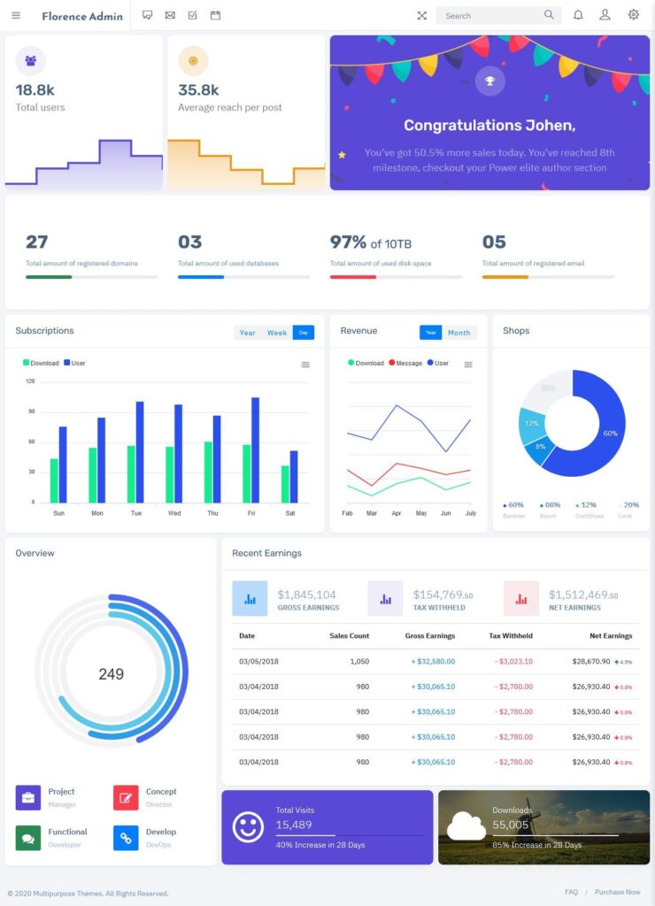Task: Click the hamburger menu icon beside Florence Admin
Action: pos(16,16)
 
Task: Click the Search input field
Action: pos(491,16)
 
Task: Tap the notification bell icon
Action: pos(578,15)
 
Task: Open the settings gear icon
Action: pos(634,15)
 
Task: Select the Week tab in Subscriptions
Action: pos(277,333)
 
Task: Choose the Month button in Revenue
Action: pos(459,333)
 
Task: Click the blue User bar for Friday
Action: pos(256,449)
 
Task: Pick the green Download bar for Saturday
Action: pos(285,484)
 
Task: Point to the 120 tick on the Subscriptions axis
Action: pos(30,381)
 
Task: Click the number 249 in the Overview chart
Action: pos(111,674)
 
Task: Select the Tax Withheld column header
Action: pos(511,636)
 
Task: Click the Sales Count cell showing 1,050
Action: pos(359,661)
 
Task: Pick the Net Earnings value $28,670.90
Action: pos(590,661)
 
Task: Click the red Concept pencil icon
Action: pos(126,798)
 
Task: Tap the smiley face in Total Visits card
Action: pos(248,826)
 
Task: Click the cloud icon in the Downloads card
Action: pos(466,826)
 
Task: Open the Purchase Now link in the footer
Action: pos(618,892)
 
